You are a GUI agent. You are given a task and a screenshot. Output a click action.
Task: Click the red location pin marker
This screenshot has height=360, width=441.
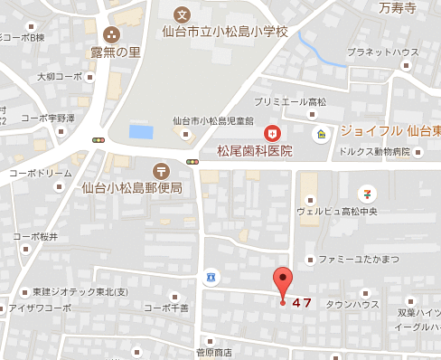(284, 282)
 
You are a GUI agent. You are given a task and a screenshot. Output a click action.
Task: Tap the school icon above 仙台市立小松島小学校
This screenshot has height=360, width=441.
(182, 14)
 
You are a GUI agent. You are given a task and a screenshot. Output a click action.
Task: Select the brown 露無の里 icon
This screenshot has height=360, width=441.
(110, 35)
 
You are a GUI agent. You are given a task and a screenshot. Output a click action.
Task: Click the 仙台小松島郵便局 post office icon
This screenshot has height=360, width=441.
(161, 170)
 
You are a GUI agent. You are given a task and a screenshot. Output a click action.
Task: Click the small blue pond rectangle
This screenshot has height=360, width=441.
(141, 132)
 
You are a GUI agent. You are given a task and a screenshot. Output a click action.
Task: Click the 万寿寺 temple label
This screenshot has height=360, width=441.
(398, 9)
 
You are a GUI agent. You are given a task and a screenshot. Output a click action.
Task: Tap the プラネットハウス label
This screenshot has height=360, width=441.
(381, 53)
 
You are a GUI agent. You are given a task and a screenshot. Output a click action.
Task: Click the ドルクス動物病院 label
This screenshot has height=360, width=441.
(377, 151)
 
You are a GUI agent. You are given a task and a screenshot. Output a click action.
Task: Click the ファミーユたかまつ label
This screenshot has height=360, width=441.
(358, 260)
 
